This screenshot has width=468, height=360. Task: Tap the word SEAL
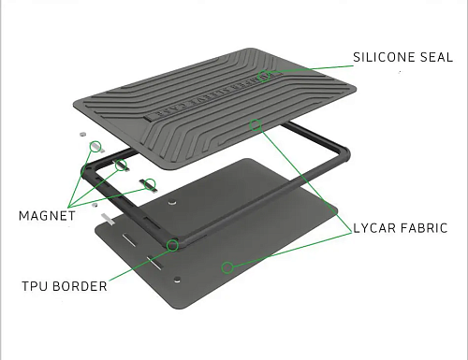point(436,57)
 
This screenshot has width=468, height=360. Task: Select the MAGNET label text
point(47,216)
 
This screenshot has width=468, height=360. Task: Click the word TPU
point(34,286)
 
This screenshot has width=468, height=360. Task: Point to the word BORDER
point(80,286)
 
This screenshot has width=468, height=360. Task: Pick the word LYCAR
point(374,228)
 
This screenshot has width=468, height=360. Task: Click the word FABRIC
point(424,228)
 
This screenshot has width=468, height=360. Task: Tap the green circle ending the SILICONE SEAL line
point(264,76)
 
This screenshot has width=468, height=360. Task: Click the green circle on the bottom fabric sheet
point(227,267)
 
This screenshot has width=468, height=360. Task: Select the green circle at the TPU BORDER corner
point(172,245)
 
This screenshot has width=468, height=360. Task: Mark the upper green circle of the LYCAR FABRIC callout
point(256,125)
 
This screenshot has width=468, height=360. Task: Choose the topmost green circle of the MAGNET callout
point(95,146)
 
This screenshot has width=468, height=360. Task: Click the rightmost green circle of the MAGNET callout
point(150,184)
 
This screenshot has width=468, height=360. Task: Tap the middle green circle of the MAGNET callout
point(121,166)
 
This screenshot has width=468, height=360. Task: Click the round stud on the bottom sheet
point(177,279)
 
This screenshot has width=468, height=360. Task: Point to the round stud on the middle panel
point(172,202)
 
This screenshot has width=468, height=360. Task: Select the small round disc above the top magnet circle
point(82,135)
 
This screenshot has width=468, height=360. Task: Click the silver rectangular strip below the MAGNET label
point(108,219)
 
